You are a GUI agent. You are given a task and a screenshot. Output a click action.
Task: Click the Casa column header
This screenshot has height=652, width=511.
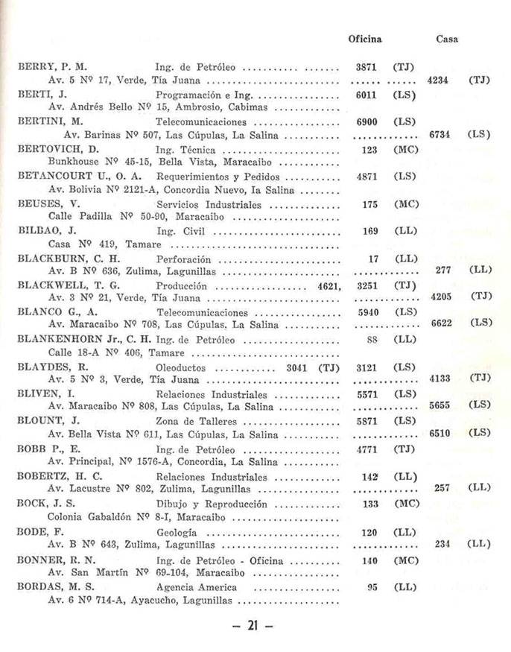click(446, 39)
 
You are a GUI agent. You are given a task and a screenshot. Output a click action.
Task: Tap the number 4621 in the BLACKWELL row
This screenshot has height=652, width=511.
click(328, 286)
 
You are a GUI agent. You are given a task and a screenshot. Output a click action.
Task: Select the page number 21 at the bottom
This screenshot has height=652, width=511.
click(253, 626)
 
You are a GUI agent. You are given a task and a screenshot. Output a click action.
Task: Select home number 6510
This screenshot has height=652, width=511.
click(440, 433)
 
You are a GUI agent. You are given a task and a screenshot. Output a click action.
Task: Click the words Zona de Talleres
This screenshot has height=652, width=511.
click(194, 421)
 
